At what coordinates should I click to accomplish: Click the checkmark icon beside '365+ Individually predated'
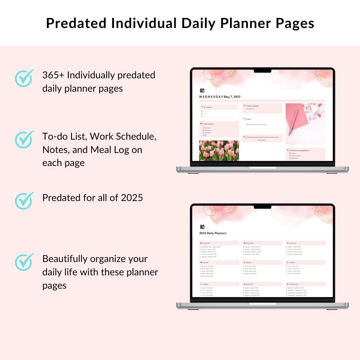click(24, 78)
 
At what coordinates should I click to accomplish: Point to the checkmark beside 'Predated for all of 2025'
click(24, 200)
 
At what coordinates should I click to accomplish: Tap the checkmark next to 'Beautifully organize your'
click(24, 262)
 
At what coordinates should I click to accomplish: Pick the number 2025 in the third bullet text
click(132, 198)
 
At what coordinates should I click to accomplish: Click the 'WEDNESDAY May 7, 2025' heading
click(220, 97)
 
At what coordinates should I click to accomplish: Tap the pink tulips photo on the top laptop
click(219, 151)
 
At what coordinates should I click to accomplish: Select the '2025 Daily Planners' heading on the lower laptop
click(213, 233)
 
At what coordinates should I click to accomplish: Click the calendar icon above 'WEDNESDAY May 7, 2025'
click(202, 90)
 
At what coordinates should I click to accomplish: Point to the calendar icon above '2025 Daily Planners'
click(202, 227)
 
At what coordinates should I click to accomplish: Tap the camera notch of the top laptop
click(262, 71)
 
